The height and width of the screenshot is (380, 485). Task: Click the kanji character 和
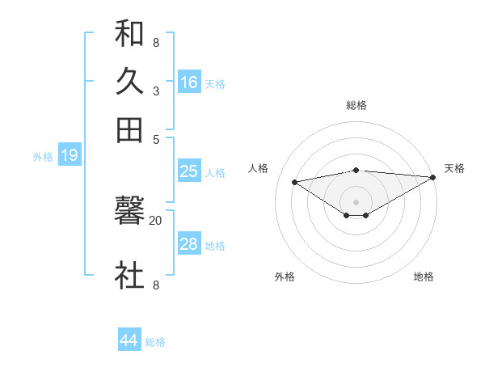(129, 34)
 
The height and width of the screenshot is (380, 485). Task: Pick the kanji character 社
(129, 276)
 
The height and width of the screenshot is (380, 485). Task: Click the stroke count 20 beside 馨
(155, 220)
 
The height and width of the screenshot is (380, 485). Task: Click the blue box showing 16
(189, 82)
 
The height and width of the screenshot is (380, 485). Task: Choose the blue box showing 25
(188, 171)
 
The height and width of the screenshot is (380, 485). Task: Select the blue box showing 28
(188, 244)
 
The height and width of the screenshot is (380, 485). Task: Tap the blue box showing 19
(70, 155)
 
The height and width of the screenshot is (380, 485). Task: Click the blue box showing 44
(129, 340)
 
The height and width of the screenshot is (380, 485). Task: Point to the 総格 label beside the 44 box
(155, 342)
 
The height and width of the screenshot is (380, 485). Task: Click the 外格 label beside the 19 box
(43, 157)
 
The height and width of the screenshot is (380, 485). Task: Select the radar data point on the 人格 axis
(294, 181)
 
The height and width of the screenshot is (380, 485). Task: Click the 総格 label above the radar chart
(356, 105)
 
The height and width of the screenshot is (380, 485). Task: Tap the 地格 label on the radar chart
(424, 277)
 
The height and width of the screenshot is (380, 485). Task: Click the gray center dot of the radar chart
(356, 201)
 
